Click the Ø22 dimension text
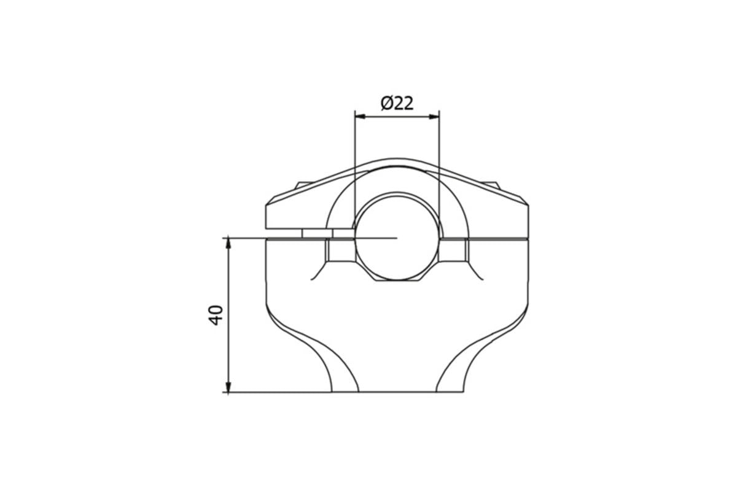(x=397, y=102)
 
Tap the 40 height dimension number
(x=215, y=315)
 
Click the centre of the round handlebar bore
(x=397, y=237)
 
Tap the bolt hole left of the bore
(x=340, y=250)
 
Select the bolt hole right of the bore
(x=454, y=250)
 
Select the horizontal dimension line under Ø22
(x=397, y=115)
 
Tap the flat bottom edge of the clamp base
(x=397, y=392)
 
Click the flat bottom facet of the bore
(x=397, y=280)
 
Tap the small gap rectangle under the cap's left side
(x=317, y=233)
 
